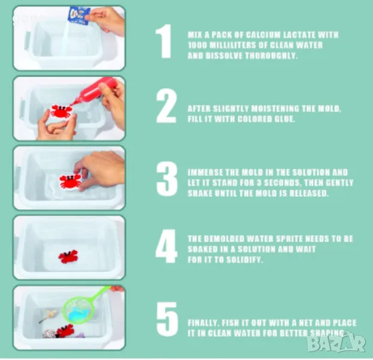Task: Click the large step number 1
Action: point(164,41)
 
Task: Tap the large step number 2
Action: point(166,106)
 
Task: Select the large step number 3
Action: point(167,179)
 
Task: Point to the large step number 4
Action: point(166,246)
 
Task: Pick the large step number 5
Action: point(167,319)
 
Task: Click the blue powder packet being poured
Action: point(79,15)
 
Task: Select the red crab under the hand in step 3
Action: point(70,182)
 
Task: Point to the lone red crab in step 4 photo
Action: point(68,257)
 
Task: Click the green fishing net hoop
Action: point(78,311)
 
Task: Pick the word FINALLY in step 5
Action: point(203,323)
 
